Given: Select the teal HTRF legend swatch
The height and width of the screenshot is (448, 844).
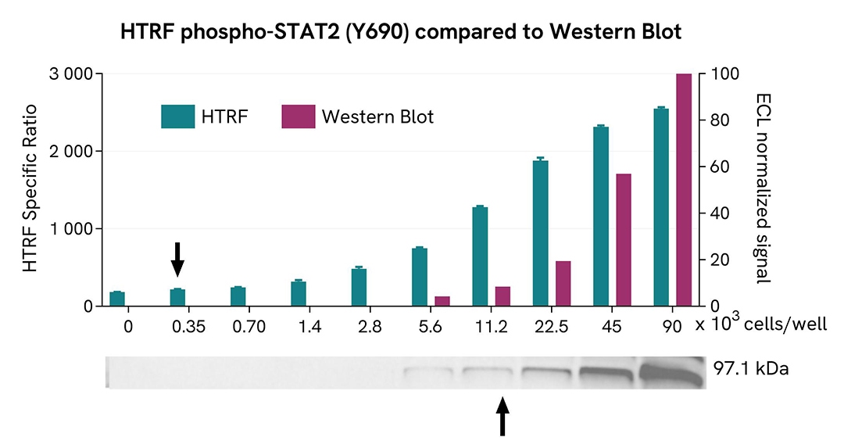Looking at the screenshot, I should (177, 116).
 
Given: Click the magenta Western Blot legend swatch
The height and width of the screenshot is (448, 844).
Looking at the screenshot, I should (298, 116).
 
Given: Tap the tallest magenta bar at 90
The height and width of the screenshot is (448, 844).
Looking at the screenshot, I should (684, 189).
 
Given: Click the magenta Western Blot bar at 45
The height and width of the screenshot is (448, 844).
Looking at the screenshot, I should (624, 240).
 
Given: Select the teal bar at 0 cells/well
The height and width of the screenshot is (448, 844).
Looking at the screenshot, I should (117, 299).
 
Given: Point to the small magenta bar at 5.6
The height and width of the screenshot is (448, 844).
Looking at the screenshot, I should (442, 301).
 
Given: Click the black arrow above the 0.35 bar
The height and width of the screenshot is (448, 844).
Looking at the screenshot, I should (177, 259).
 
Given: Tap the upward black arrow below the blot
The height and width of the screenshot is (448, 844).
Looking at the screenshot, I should (502, 415).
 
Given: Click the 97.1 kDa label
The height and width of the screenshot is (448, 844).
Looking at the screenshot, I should (751, 368).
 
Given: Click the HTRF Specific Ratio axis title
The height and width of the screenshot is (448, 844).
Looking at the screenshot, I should (30, 188).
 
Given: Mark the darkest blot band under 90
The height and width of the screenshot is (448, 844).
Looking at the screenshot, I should (673, 371).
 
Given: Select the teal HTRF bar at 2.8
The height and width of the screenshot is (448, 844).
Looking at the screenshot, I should (359, 287).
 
